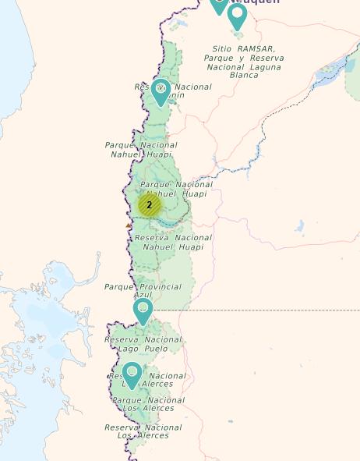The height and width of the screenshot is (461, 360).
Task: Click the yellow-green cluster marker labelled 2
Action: [x=149, y=205]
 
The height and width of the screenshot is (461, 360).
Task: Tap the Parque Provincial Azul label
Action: [x=143, y=291]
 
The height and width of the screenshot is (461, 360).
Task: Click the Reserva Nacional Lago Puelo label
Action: [x=143, y=344]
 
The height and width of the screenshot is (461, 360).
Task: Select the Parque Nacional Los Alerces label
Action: [x=148, y=404]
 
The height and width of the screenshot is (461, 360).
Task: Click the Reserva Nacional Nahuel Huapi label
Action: [x=173, y=242]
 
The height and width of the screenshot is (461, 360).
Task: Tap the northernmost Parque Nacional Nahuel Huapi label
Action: [x=141, y=149]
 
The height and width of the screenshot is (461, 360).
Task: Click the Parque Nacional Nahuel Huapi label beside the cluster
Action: [x=176, y=189]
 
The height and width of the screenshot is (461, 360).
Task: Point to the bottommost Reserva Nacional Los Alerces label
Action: [x=143, y=431]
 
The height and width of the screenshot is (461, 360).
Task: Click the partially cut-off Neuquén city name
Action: [x=253, y=2]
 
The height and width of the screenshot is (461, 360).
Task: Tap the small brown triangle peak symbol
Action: [x=129, y=225]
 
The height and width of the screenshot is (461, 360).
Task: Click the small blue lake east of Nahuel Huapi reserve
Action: [x=299, y=226]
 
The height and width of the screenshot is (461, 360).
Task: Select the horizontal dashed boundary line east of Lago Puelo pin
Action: [x=257, y=310]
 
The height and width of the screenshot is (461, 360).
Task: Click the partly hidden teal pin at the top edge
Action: [x=217, y=5]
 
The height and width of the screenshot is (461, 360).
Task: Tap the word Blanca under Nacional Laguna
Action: [x=244, y=76]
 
